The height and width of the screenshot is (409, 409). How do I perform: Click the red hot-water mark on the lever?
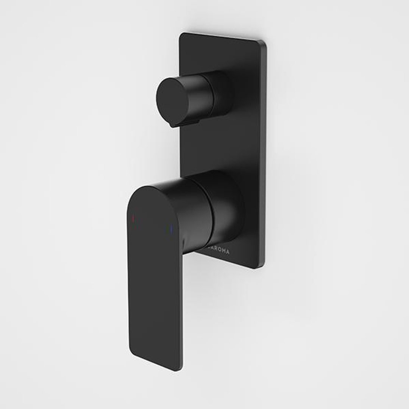pos(133,219)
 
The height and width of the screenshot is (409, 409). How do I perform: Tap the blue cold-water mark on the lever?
pos(171,229)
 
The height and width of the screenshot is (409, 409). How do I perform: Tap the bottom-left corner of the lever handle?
pos(132,354)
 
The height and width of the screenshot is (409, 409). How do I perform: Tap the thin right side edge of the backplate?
pos(264,151)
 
